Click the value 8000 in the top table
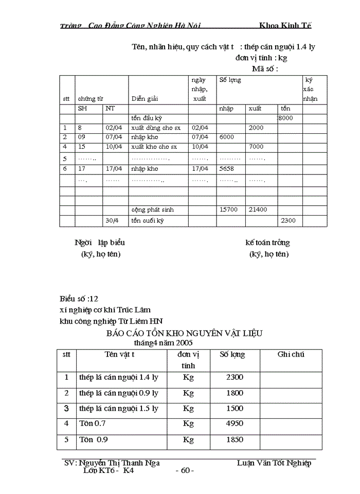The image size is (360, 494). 285,118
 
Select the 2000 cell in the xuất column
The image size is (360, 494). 256,128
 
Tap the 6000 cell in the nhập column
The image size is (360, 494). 227,137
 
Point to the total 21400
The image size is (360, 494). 258,210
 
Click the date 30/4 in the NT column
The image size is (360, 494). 112,220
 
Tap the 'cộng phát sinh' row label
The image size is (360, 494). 152,210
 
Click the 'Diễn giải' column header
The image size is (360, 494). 145,98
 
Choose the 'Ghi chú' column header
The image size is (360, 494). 291,355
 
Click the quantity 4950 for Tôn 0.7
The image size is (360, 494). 235,424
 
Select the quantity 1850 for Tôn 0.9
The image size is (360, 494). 235,440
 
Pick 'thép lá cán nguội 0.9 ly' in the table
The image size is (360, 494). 119,393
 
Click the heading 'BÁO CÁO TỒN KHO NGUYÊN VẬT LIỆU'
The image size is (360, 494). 184,333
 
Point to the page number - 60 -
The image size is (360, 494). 184,470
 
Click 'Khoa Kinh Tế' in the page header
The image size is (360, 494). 285,25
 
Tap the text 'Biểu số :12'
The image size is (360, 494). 79,299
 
